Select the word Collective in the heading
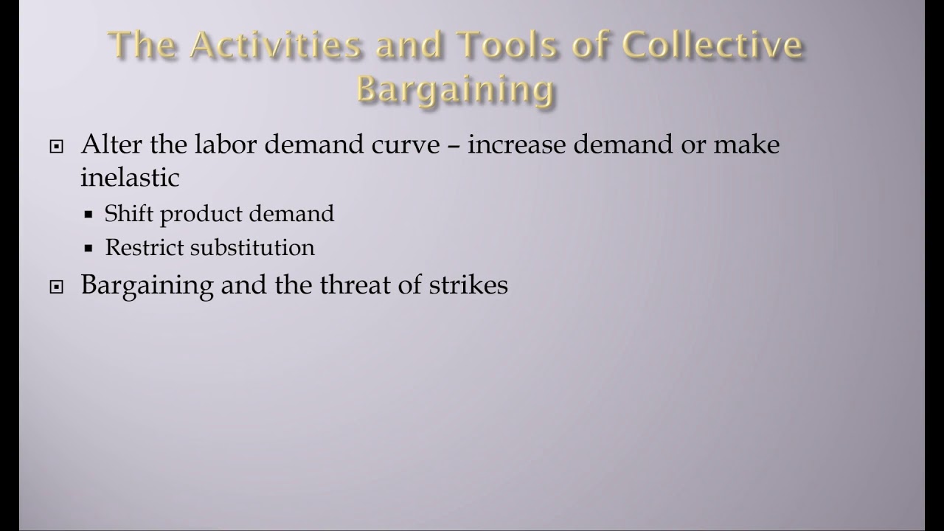712,46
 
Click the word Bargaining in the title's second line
455,89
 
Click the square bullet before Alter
57,147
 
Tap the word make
746,144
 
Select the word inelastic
130,177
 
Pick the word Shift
129,214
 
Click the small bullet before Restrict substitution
88,249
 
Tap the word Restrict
145,247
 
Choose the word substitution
252,247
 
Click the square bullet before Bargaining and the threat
57,288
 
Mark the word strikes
468,285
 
